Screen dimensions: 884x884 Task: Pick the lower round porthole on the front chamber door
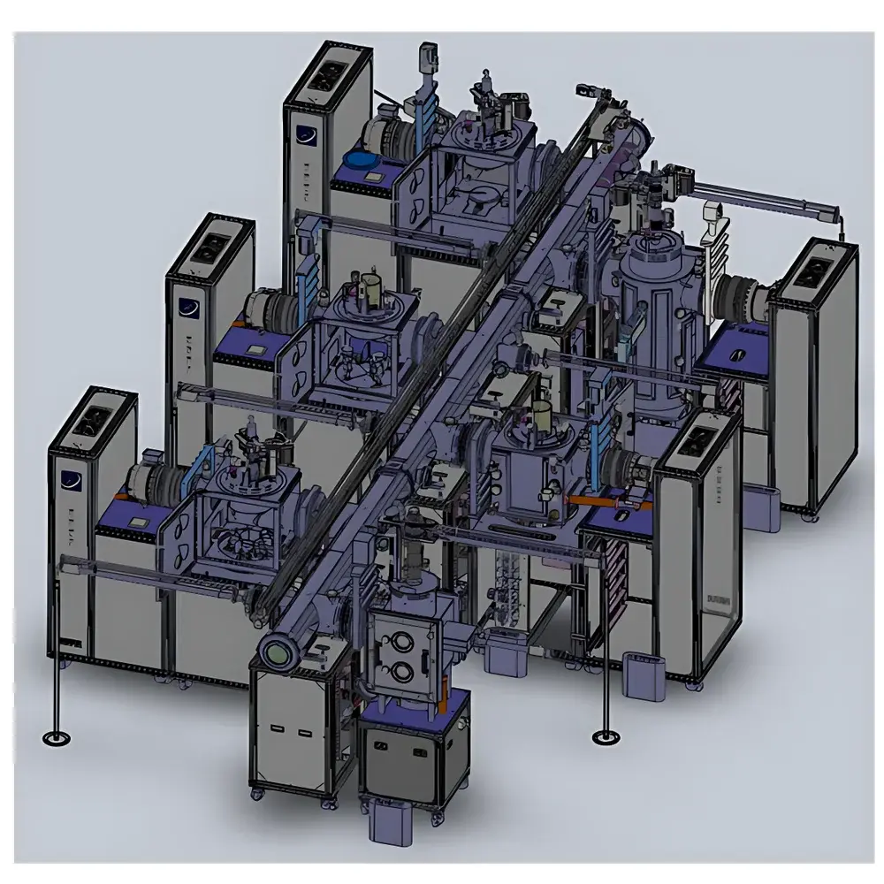coord(397,666)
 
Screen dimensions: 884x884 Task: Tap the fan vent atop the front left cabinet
coord(91,423)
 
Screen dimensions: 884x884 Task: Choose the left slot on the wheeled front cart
coord(278,729)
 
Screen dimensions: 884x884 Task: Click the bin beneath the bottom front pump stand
coord(389,827)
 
